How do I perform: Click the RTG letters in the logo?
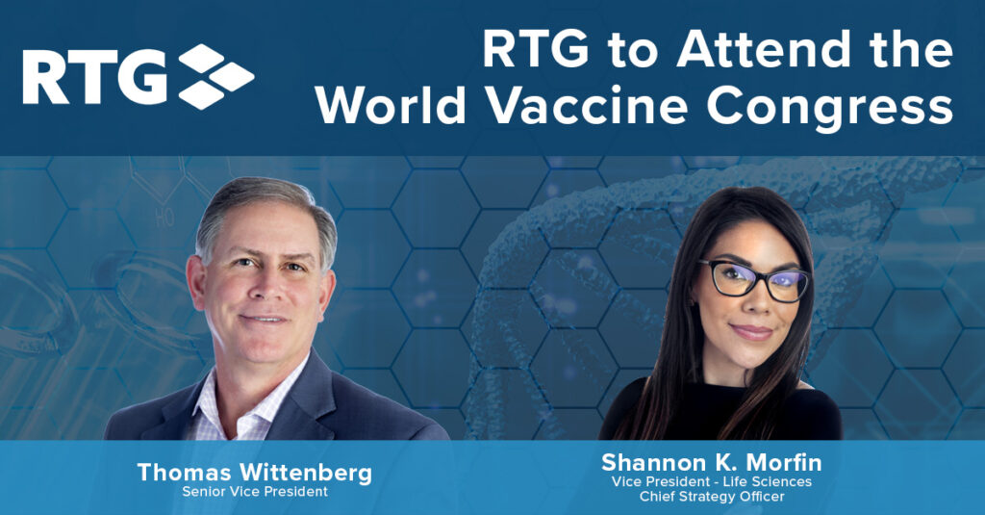[x=95, y=77]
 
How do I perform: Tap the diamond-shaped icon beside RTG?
[x=216, y=77]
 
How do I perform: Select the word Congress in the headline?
[x=830, y=108]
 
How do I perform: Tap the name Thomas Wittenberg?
[x=254, y=473]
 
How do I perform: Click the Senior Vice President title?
[x=254, y=492]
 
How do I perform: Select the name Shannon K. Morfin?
[x=711, y=463]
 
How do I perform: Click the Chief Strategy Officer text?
[x=712, y=497]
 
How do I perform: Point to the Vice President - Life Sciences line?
[x=712, y=481]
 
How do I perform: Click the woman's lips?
[x=751, y=332]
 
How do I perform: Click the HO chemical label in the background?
[x=164, y=219]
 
